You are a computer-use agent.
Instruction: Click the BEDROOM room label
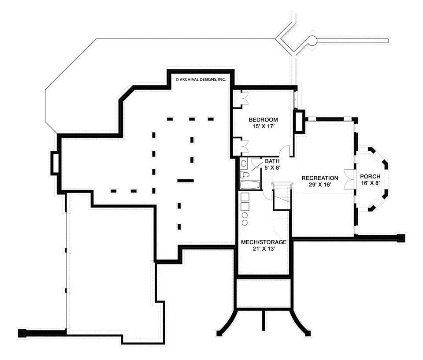263,119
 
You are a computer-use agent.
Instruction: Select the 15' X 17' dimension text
263,126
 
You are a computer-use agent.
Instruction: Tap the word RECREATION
319,178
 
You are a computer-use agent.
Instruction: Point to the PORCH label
370,176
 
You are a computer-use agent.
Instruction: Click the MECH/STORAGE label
264,242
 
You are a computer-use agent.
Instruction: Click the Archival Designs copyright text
200,80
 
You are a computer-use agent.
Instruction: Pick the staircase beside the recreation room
281,197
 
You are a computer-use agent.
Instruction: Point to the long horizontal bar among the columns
185,180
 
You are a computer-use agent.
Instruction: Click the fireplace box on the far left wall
56,163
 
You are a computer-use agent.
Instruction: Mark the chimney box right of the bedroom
299,122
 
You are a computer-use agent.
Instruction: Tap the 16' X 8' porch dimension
370,183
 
